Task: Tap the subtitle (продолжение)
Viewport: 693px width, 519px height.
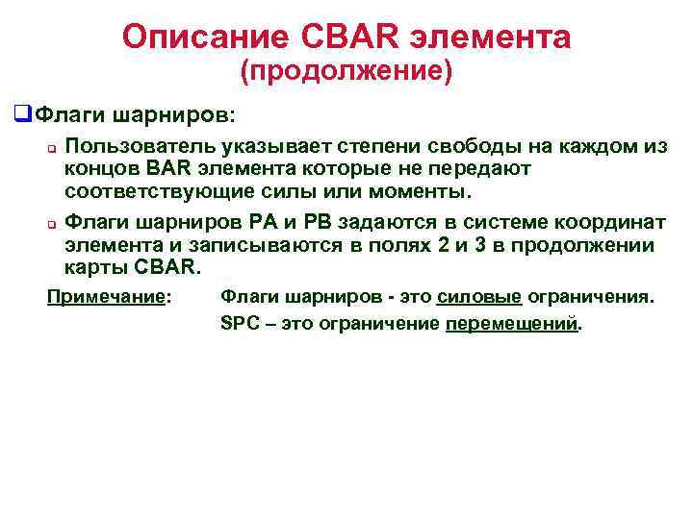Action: (346, 72)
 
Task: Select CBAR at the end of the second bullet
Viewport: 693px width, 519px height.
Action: (167, 266)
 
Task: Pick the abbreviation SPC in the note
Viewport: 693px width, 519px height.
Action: (237, 324)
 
